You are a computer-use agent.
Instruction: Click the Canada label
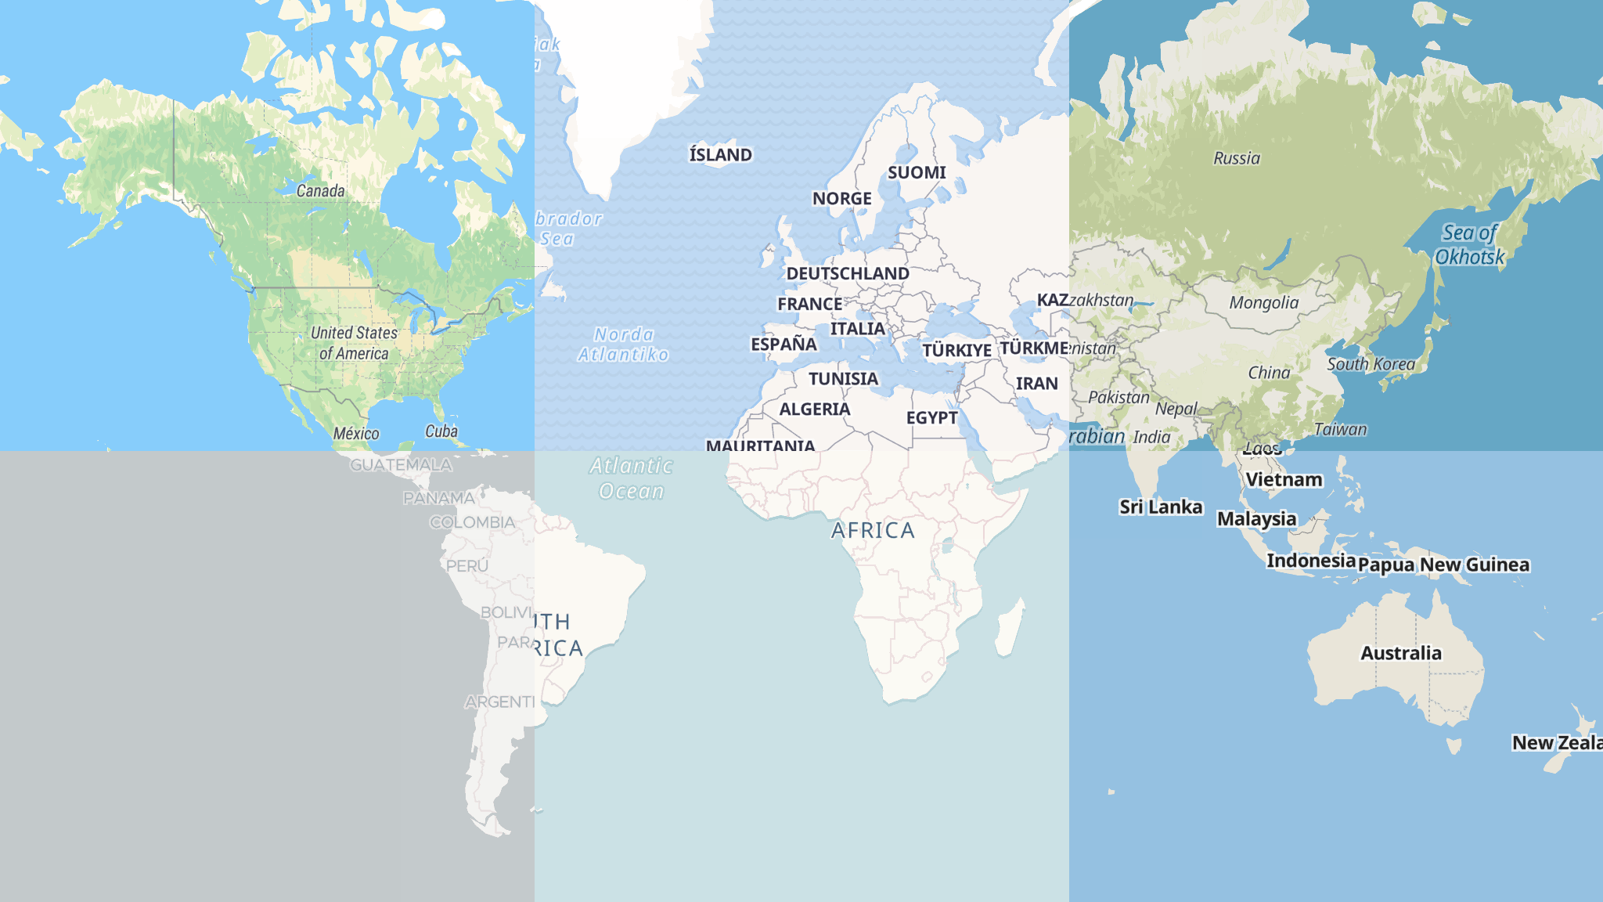pyautogui.click(x=320, y=191)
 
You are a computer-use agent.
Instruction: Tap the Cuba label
pyautogui.click(x=441, y=431)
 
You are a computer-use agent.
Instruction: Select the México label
pyautogui.click(x=356, y=434)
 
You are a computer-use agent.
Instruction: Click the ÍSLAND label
pyautogui.click(x=720, y=155)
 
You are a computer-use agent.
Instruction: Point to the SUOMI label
pyautogui.click(x=917, y=173)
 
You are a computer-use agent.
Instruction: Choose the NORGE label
pyautogui.click(x=841, y=199)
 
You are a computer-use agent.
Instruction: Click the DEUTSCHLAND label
pyautogui.click(x=848, y=274)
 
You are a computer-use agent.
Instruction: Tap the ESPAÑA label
pyautogui.click(x=783, y=345)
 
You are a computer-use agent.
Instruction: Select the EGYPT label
pyautogui.click(x=931, y=418)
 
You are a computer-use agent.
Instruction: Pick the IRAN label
pyautogui.click(x=1036, y=384)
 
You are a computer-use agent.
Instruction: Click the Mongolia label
pyautogui.click(x=1263, y=303)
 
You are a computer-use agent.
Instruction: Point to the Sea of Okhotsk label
pyautogui.click(x=1469, y=245)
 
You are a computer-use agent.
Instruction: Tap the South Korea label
pyautogui.click(x=1371, y=364)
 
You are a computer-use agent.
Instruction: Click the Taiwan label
pyautogui.click(x=1340, y=430)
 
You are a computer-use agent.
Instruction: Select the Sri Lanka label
pyautogui.click(x=1161, y=507)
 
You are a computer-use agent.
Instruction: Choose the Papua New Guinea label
pyautogui.click(x=1443, y=565)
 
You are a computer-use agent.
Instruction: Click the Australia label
pyautogui.click(x=1400, y=654)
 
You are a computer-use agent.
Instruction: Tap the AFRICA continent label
pyautogui.click(x=873, y=531)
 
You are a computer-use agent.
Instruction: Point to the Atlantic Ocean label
pyautogui.click(x=632, y=478)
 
